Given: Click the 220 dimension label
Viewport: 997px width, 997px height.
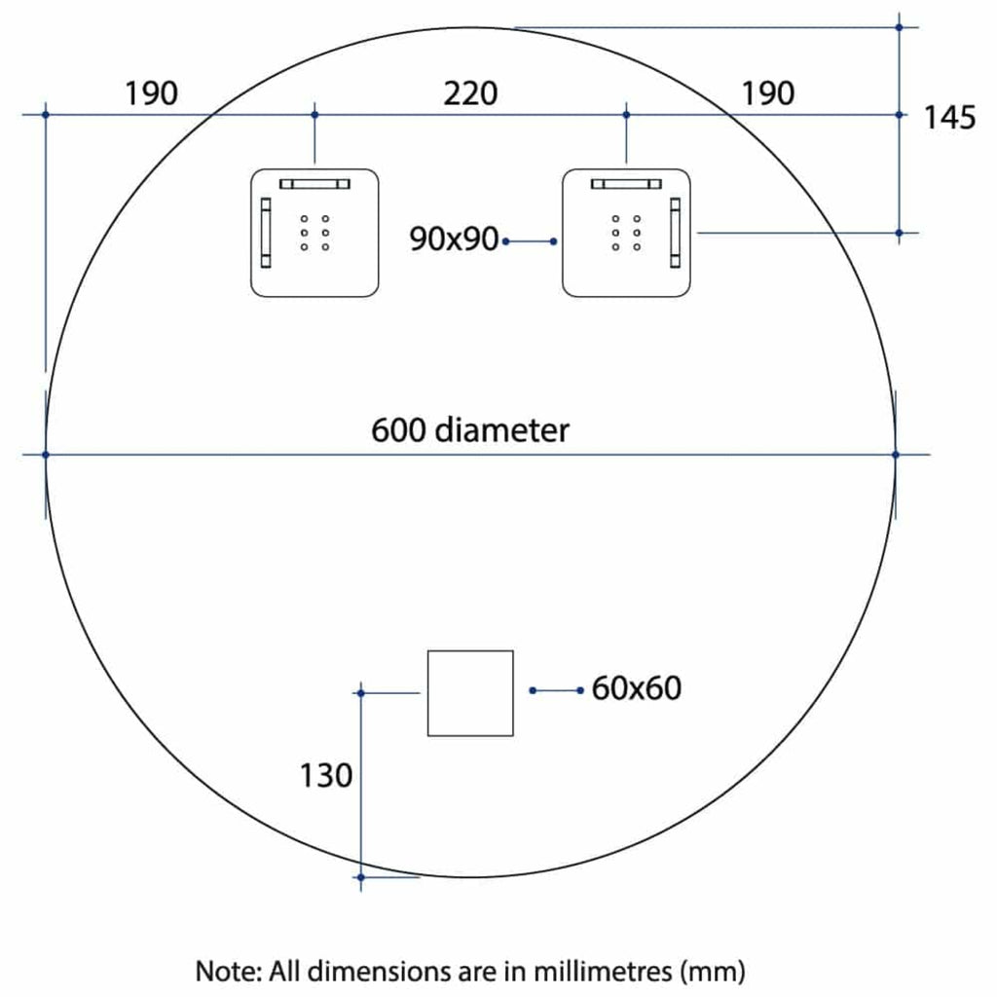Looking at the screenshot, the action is coord(470,93).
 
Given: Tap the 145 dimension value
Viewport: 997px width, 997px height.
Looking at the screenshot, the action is coord(948,118).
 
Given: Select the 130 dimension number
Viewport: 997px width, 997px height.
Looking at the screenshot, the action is coord(325,775).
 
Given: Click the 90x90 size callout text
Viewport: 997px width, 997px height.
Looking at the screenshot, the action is coord(454,240).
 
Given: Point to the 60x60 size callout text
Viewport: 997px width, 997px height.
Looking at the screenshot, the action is coord(637,688).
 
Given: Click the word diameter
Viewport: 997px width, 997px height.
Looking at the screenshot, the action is coord(502,429).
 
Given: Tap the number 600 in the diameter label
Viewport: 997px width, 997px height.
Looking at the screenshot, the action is coord(398,429).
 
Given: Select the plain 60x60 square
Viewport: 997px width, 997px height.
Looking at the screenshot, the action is coord(470,693).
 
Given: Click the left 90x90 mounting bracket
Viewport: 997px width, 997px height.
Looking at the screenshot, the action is coord(314,233).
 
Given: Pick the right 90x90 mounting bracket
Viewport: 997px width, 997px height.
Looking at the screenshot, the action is coord(626,233).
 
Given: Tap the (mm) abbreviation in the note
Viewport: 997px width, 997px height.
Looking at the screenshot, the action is coord(712,972).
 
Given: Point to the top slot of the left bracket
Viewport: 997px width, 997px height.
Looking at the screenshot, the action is coord(314,184).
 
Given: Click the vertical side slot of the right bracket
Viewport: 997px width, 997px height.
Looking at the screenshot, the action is coord(676,233).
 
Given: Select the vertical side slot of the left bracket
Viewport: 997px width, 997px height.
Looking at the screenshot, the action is coord(266,233).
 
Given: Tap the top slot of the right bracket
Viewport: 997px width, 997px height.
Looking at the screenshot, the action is coord(626,184).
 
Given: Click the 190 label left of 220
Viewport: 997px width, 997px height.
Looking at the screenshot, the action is coord(151,93).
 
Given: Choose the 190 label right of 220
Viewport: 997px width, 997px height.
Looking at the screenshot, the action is coord(767,93).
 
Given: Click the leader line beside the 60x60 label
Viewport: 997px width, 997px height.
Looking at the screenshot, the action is coord(556,690).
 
